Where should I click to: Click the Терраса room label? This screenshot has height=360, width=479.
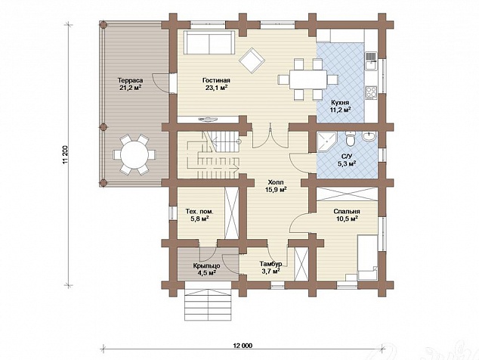[131, 81]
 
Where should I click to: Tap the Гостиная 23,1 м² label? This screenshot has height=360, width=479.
[216, 84]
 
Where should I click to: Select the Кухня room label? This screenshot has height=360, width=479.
[341, 102]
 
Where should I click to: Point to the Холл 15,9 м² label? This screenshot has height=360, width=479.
[276, 186]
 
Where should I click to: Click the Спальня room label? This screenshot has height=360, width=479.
[347, 211]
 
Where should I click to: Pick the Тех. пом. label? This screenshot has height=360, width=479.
[199, 211]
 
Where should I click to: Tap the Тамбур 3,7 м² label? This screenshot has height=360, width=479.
[270, 267]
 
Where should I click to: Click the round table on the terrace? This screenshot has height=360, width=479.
[134, 154]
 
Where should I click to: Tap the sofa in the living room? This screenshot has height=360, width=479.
[209, 42]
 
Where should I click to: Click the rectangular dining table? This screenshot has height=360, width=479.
[308, 79]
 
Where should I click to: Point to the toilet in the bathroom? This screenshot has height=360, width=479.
[351, 139]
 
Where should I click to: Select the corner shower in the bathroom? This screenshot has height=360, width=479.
[326, 141]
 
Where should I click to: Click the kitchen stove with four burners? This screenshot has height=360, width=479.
[372, 93]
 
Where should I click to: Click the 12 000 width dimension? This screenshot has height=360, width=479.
[243, 346]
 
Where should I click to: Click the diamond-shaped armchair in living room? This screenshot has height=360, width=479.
[252, 61]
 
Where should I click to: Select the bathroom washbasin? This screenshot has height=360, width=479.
[369, 137]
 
